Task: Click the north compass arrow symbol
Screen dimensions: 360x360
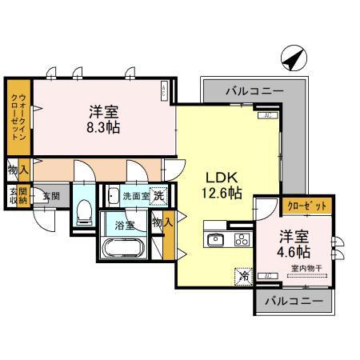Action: (x=293, y=58)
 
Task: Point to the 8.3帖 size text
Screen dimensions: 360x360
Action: (x=103, y=127)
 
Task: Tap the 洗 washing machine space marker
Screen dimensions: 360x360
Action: (x=160, y=194)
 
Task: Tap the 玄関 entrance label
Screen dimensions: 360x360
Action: (x=50, y=195)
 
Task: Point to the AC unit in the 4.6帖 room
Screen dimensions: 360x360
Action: (x=270, y=276)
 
